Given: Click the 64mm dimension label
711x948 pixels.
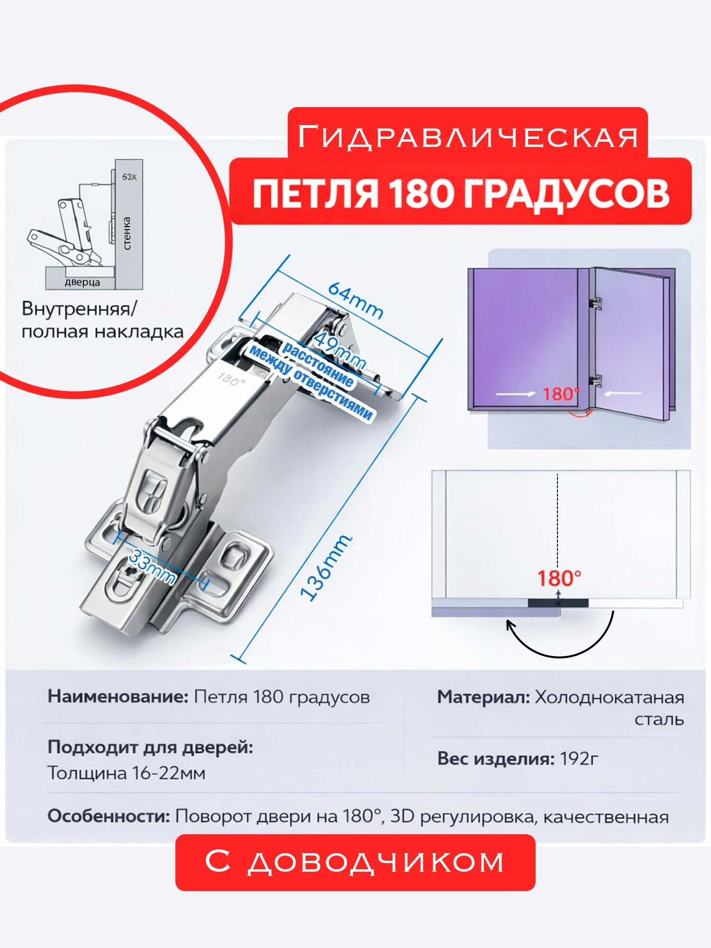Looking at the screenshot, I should coord(355,301).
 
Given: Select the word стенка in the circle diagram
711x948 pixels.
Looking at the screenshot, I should coord(127,233).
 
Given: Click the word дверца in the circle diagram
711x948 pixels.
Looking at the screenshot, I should coord(82,283).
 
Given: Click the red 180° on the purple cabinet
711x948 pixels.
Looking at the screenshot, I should coord(561,394).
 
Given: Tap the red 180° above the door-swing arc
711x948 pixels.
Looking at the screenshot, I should coord(559,578).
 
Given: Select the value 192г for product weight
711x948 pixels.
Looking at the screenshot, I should coord(579,758).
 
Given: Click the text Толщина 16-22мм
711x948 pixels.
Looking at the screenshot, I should coord(127,773).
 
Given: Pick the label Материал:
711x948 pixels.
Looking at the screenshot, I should coord(483,697).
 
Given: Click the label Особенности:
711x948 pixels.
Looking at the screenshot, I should coord(109,816).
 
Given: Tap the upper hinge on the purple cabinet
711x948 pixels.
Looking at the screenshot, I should coord(595,303).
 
